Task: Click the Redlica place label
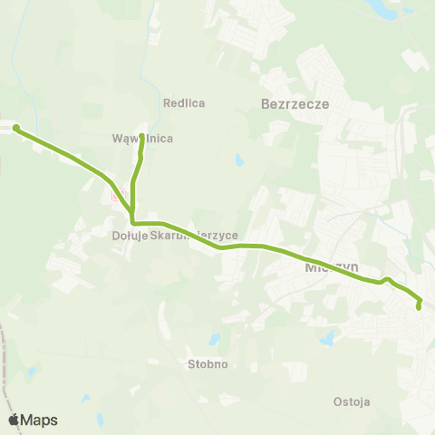coord(184,103)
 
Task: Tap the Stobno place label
coord(208,364)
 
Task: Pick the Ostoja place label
coord(352,401)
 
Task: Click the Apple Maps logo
coord(33,420)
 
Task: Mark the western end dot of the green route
coord(16,127)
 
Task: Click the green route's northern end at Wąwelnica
coord(142,125)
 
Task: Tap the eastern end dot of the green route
coord(419,307)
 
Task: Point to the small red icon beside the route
coord(115,194)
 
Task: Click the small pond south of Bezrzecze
coord(238,160)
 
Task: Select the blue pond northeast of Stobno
coord(215,341)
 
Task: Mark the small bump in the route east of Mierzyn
coord(387,279)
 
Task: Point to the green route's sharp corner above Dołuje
coord(133,222)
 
